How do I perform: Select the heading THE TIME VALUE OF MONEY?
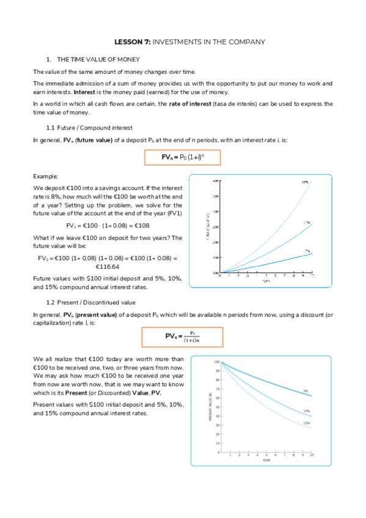click(x=98, y=59)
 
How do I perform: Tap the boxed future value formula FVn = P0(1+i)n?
click(x=182, y=157)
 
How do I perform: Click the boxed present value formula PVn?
click(x=183, y=337)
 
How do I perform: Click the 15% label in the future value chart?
click(x=305, y=182)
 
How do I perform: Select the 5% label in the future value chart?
click(x=308, y=250)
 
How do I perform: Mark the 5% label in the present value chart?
click(x=306, y=390)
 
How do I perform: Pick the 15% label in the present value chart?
click(x=306, y=423)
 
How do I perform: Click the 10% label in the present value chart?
click(x=306, y=411)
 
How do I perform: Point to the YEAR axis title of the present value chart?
click(x=266, y=460)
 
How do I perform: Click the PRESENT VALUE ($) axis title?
click(x=211, y=407)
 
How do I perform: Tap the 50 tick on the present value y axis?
click(x=216, y=407)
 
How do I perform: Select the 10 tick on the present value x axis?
click(x=312, y=455)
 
